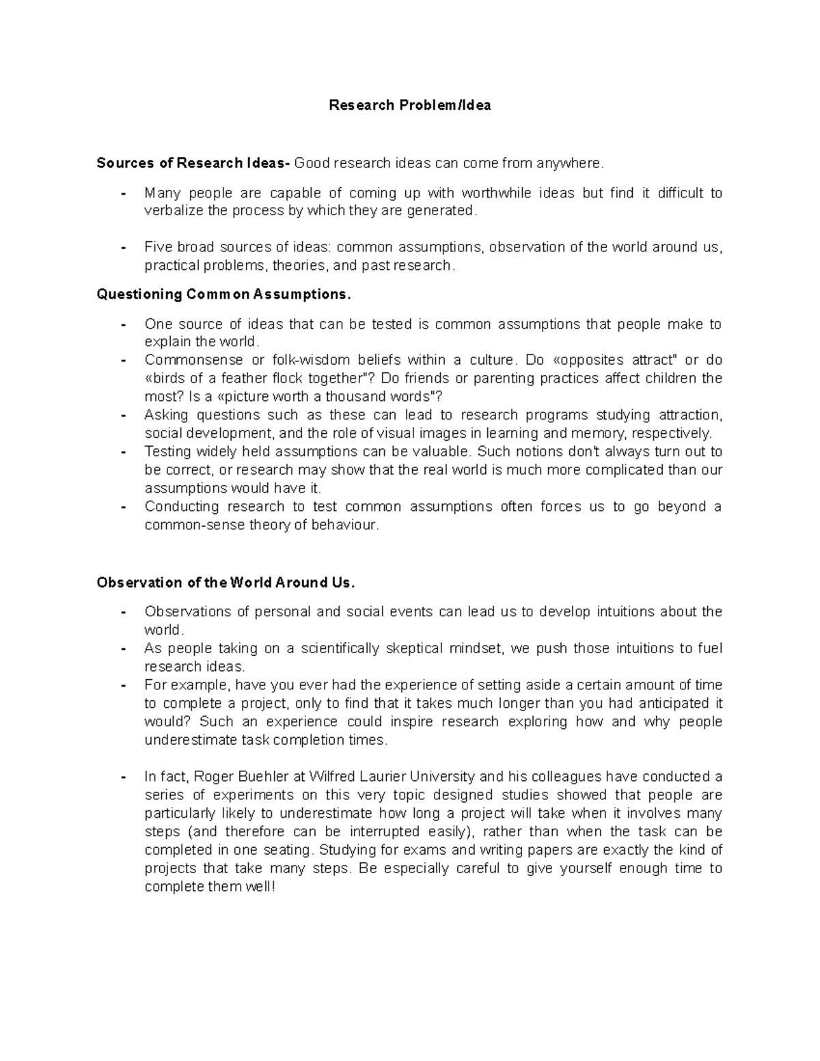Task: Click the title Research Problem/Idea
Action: pos(409,105)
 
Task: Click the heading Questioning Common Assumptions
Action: pos(223,294)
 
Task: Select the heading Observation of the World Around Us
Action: pos(226,583)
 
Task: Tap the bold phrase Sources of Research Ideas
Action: pos(193,163)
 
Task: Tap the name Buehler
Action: pos(258,777)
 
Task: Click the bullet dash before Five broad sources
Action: pos(123,247)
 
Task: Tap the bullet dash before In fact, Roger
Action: pos(123,777)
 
